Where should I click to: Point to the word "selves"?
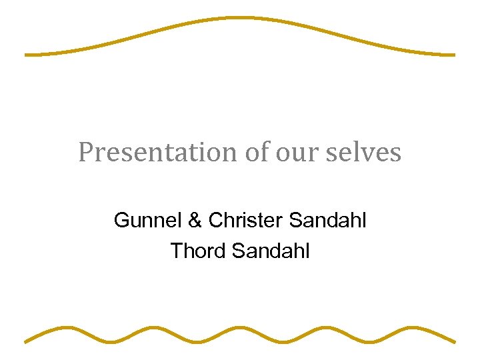pos(364,153)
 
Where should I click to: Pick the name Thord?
pos(197,251)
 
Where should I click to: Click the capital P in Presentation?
pos(85,153)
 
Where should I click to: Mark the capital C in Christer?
pos(215,220)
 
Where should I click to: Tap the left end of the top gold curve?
pos(27,55)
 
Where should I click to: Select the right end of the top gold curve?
pos(453,55)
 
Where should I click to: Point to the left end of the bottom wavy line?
pos(27,341)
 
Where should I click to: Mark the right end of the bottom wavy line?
pos(454,341)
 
